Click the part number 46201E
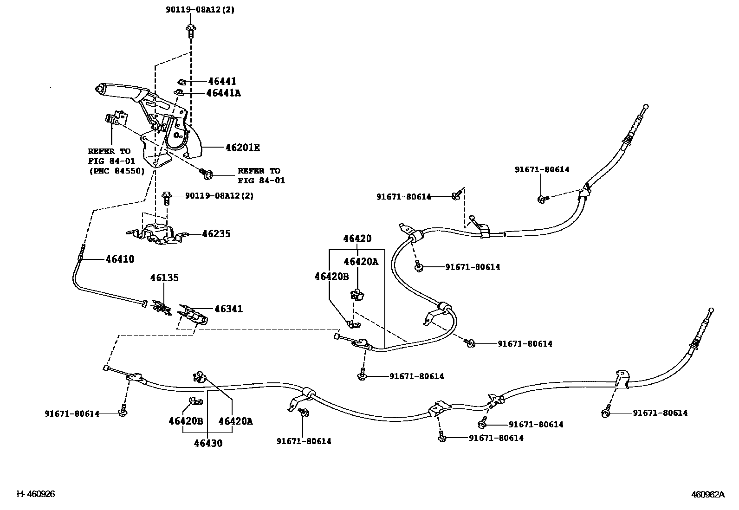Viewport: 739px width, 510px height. tap(242, 148)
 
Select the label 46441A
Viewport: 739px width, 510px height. tap(223, 93)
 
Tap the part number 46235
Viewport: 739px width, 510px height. tap(216, 234)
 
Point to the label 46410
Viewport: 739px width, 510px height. tap(120, 259)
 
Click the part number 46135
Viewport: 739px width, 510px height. tap(164, 278)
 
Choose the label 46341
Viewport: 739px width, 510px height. tap(228, 309)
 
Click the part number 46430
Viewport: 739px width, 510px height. tap(208, 443)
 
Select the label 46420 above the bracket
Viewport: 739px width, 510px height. tap(357, 239)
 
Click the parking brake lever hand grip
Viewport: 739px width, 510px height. tap(116, 90)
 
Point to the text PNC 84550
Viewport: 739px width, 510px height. tap(117, 171)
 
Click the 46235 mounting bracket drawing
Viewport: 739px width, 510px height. tap(158, 233)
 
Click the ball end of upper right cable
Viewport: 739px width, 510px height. tap(646, 107)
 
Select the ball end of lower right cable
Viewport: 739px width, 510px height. tap(711, 310)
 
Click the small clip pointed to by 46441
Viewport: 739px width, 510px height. tap(182, 82)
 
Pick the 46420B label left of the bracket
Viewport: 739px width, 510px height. tap(331, 277)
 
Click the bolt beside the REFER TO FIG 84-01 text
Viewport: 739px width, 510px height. tap(207, 174)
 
